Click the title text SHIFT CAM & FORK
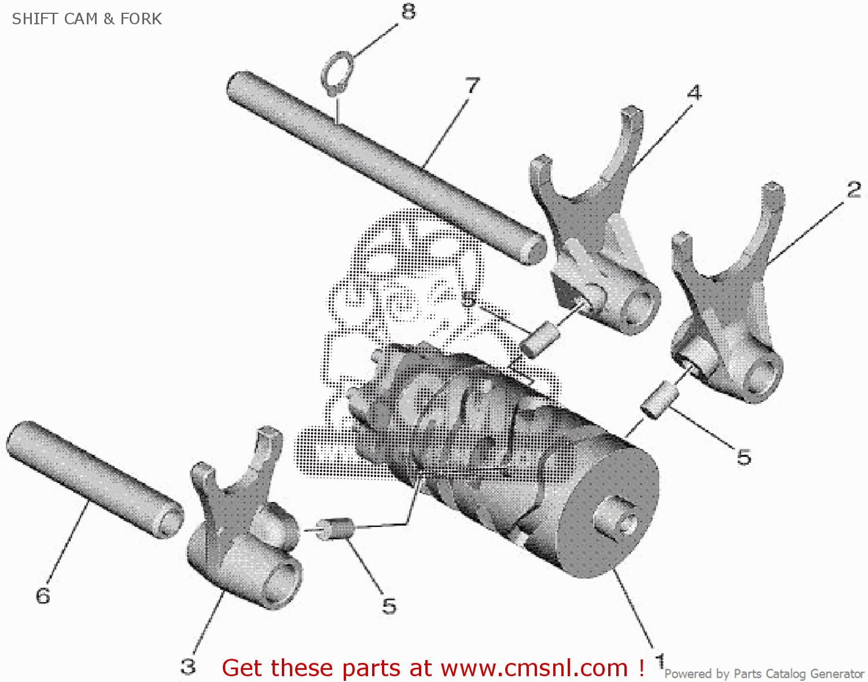tap(87, 19)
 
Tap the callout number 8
tap(409, 11)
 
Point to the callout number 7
tap(473, 86)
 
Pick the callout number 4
tap(694, 93)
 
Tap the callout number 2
tap(854, 190)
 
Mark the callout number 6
tap(43, 596)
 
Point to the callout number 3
tap(187, 666)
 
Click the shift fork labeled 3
tap(243, 538)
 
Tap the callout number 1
tap(660, 660)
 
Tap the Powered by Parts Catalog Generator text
tap(764, 674)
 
